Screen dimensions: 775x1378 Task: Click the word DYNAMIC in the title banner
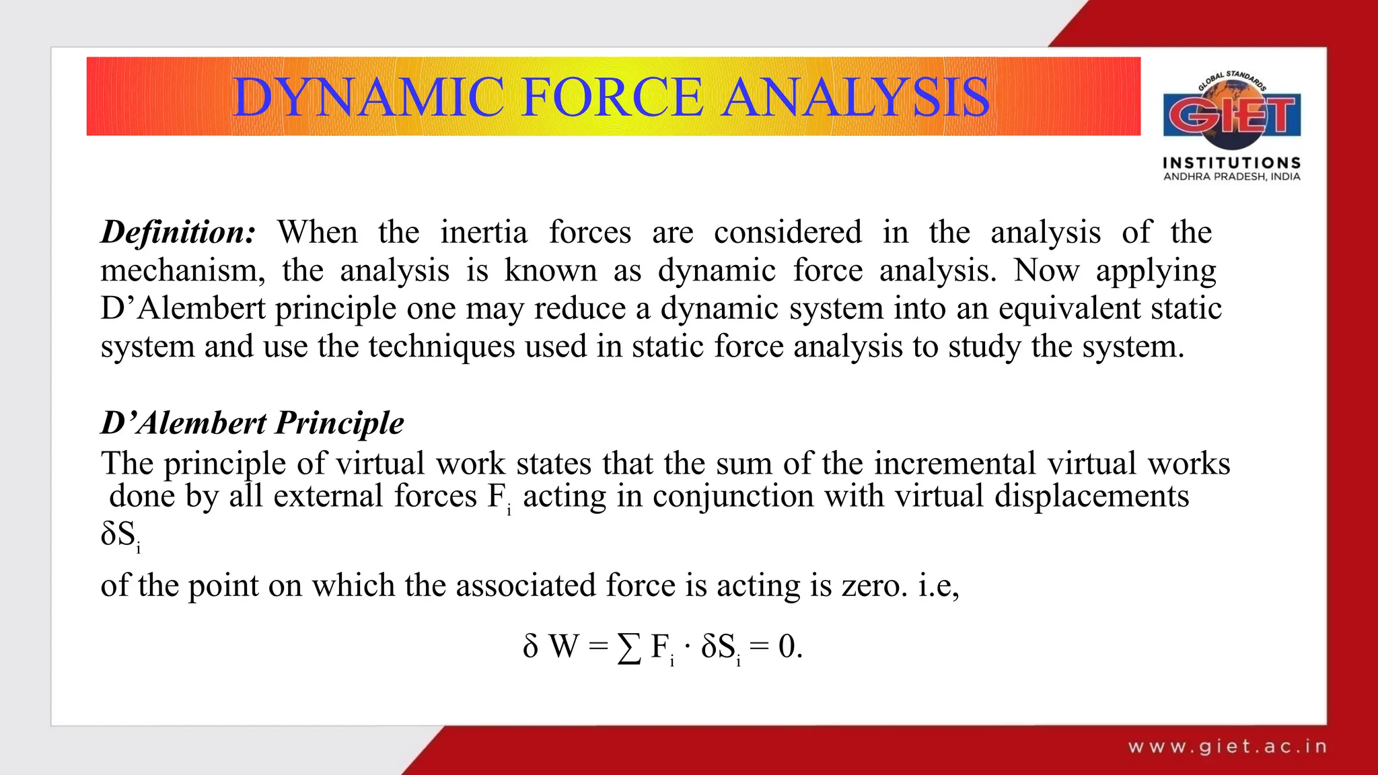tap(368, 98)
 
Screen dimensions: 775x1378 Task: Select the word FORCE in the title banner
tap(612, 98)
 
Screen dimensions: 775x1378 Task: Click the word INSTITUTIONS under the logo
tap(1232, 163)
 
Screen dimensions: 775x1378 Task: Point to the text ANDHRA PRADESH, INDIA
tap(1232, 177)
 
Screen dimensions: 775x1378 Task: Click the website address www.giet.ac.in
tap(1227, 746)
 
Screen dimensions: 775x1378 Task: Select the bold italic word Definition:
tap(178, 232)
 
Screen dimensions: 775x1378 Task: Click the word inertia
tap(484, 232)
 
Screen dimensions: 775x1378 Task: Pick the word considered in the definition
tap(787, 232)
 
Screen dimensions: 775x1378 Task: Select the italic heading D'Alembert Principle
tap(252, 423)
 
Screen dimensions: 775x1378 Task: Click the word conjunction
tap(733, 496)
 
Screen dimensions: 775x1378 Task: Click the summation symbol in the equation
tap(629, 648)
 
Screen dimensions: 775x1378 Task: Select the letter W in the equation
tap(564, 647)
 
